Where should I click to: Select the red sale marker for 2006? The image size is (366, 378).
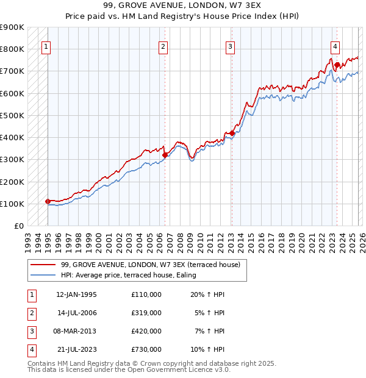click(x=165, y=155)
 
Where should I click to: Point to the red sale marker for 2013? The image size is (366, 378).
click(x=232, y=133)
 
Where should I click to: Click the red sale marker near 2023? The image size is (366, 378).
click(x=337, y=64)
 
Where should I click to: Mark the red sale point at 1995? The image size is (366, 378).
click(x=48, y=201)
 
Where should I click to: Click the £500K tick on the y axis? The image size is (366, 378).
click(x=12, y=115)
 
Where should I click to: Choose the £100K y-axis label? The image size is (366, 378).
click(x=12, y=204)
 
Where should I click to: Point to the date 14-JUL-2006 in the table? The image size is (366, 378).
click(x=76, y=313)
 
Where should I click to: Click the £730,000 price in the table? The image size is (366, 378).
click(x=146, y=350)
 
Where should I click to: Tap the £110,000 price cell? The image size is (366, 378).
click(x=146, y=294)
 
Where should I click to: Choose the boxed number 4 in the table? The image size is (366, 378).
click(x=31, y=350)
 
